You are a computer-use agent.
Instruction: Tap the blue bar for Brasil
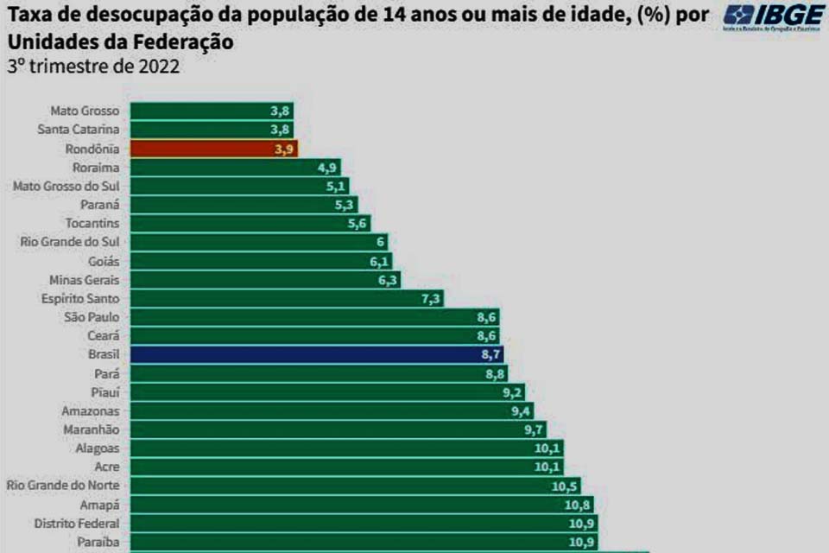316,355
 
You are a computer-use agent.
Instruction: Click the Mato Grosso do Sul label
66,186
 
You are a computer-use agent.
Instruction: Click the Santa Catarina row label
79,130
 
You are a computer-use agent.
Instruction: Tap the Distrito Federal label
76,524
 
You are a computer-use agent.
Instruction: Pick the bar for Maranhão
338,430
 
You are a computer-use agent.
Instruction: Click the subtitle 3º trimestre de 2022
93,67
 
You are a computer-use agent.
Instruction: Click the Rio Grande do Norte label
63,486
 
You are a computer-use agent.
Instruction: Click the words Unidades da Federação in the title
120,42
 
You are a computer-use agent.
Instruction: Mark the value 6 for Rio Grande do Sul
380,243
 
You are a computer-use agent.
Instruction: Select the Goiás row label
104,261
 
